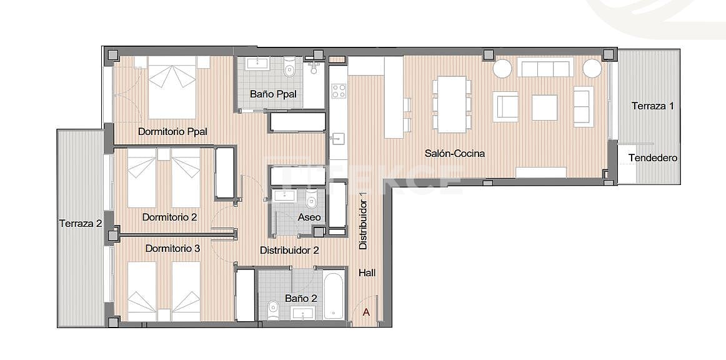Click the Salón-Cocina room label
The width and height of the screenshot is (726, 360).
coord(455,153)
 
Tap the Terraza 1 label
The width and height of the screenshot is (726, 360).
coord(652,106)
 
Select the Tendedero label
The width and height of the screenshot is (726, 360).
coord(652,158)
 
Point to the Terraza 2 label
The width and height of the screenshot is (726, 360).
coord(81,223)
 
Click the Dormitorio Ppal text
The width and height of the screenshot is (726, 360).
coord(172,132)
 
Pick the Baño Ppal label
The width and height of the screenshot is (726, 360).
coord(273,94)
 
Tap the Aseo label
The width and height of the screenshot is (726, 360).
coord(309,217)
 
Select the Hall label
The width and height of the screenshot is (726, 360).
coord(368,272)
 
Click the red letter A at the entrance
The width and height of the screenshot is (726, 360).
coord(367,312)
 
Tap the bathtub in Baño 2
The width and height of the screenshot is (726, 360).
coord(334,295)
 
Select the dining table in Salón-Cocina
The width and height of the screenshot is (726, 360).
coord(452,104)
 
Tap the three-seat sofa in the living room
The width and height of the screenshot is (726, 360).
coord(546,67)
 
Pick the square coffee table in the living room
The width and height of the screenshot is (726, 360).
coord(544,107)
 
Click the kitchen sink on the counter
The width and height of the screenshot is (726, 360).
coord(338,138)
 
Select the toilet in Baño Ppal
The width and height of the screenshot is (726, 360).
coord(289,70)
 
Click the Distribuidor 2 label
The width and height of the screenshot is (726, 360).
coord(289,250)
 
